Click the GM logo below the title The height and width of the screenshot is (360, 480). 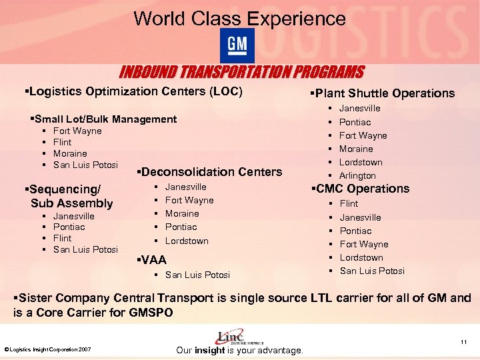(237, 45)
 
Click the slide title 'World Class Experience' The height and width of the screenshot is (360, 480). (239, 18)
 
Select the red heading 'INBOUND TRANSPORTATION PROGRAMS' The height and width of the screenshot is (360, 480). (241, 72)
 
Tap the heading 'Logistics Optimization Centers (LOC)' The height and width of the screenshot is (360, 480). (133, 91)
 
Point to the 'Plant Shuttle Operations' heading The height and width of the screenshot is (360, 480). (384, 93)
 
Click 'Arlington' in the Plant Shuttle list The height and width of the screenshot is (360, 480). (357, 176)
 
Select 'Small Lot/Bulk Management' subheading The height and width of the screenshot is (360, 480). (105, 119)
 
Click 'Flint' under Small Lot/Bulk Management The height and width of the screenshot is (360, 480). (62, 142)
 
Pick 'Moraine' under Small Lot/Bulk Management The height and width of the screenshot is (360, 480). (69, 153)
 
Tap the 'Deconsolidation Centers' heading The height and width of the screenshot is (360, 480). (209, 172)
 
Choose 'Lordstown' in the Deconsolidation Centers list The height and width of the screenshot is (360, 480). (187, 241)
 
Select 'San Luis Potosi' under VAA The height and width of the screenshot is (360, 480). (197, 275)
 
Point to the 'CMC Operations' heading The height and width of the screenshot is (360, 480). (363, 189)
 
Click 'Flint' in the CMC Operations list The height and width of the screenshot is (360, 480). (349, 203)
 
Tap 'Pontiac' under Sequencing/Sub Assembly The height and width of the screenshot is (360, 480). (69, 227)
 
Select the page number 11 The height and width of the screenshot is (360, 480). (463, 342)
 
